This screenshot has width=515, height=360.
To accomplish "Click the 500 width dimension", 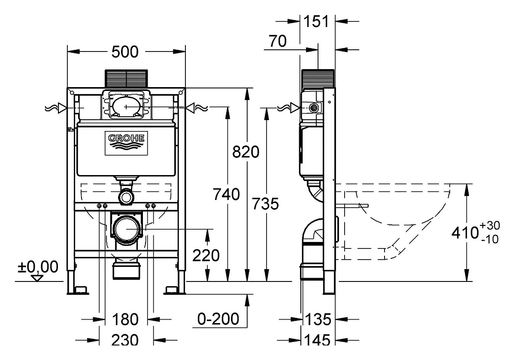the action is (125, 52).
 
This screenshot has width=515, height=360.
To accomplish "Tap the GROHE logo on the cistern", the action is (126, 143).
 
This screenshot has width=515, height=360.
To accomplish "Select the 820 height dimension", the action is (246, 152).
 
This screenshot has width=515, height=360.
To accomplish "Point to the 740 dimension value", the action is (227, 194).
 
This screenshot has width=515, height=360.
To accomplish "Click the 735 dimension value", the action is (265, 204).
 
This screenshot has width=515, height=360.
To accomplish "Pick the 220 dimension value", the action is (206, 256).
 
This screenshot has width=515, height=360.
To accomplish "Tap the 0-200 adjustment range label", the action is (218, 319).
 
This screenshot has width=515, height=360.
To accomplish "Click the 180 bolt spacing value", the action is (125, 320).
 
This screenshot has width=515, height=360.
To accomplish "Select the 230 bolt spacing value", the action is (125, 340).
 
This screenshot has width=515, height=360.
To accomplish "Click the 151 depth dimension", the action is (316, 21).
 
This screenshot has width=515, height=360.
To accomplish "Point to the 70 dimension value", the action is (278, 41).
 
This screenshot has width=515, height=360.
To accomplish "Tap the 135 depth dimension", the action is (318, 319).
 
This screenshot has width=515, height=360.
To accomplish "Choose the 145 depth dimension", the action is (317, 340).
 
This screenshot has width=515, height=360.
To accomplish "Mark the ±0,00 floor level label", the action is (38, 267).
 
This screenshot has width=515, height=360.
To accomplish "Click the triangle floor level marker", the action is (37, 278).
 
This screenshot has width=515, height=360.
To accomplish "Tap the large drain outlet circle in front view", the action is (127, 229).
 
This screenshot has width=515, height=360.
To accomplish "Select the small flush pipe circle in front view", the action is (126, 197).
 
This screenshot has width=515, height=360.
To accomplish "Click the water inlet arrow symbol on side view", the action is (295, 108).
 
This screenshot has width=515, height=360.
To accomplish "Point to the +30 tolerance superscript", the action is (490, 226).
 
